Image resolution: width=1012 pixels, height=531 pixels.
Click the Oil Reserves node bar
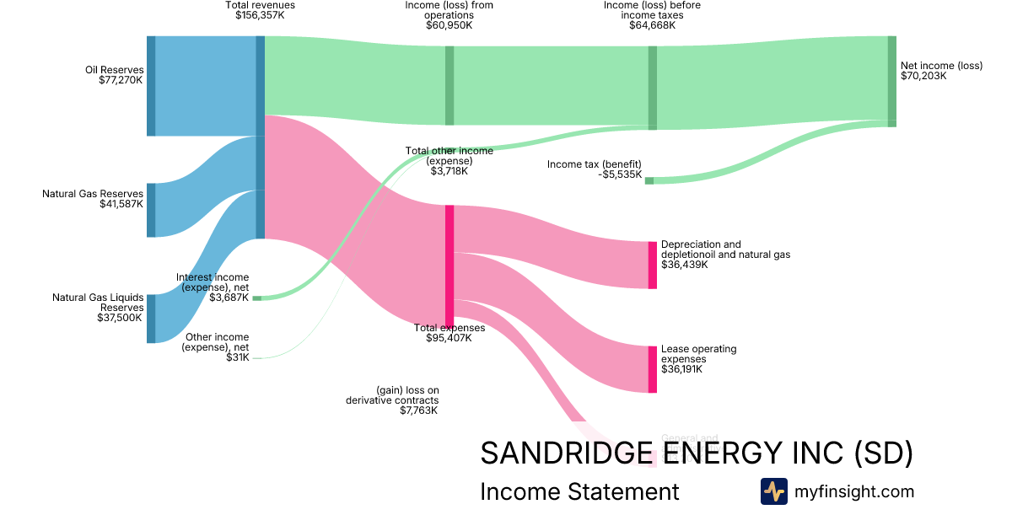[151, 86]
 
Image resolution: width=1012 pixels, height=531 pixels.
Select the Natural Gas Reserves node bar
[151, 210]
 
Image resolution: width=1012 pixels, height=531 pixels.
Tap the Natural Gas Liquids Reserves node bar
[151, 319]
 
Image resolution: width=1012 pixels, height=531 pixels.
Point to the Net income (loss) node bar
[891, 81]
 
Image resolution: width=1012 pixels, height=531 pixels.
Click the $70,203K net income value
[923, 76]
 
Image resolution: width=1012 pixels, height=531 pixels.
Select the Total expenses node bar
[449, 264]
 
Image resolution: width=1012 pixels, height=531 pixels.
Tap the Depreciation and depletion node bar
[652, 265]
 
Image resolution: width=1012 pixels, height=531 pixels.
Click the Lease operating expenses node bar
[652, 369]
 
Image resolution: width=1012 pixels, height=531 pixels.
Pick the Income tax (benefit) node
[649, 180]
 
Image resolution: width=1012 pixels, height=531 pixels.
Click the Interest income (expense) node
[256, 298]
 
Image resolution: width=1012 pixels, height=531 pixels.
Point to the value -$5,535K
[617, 174]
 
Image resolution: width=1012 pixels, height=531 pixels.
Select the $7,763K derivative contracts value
[418, 410]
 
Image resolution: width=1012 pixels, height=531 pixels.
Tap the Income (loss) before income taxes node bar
[652, 87]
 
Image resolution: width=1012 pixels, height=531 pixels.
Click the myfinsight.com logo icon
[773, 491]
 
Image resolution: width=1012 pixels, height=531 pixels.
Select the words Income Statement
[579, 491]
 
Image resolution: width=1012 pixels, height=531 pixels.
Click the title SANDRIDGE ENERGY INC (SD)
[696, 453]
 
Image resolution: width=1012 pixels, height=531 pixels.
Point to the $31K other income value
[238, 357]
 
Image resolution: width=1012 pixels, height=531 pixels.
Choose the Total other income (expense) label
[449, 156]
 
